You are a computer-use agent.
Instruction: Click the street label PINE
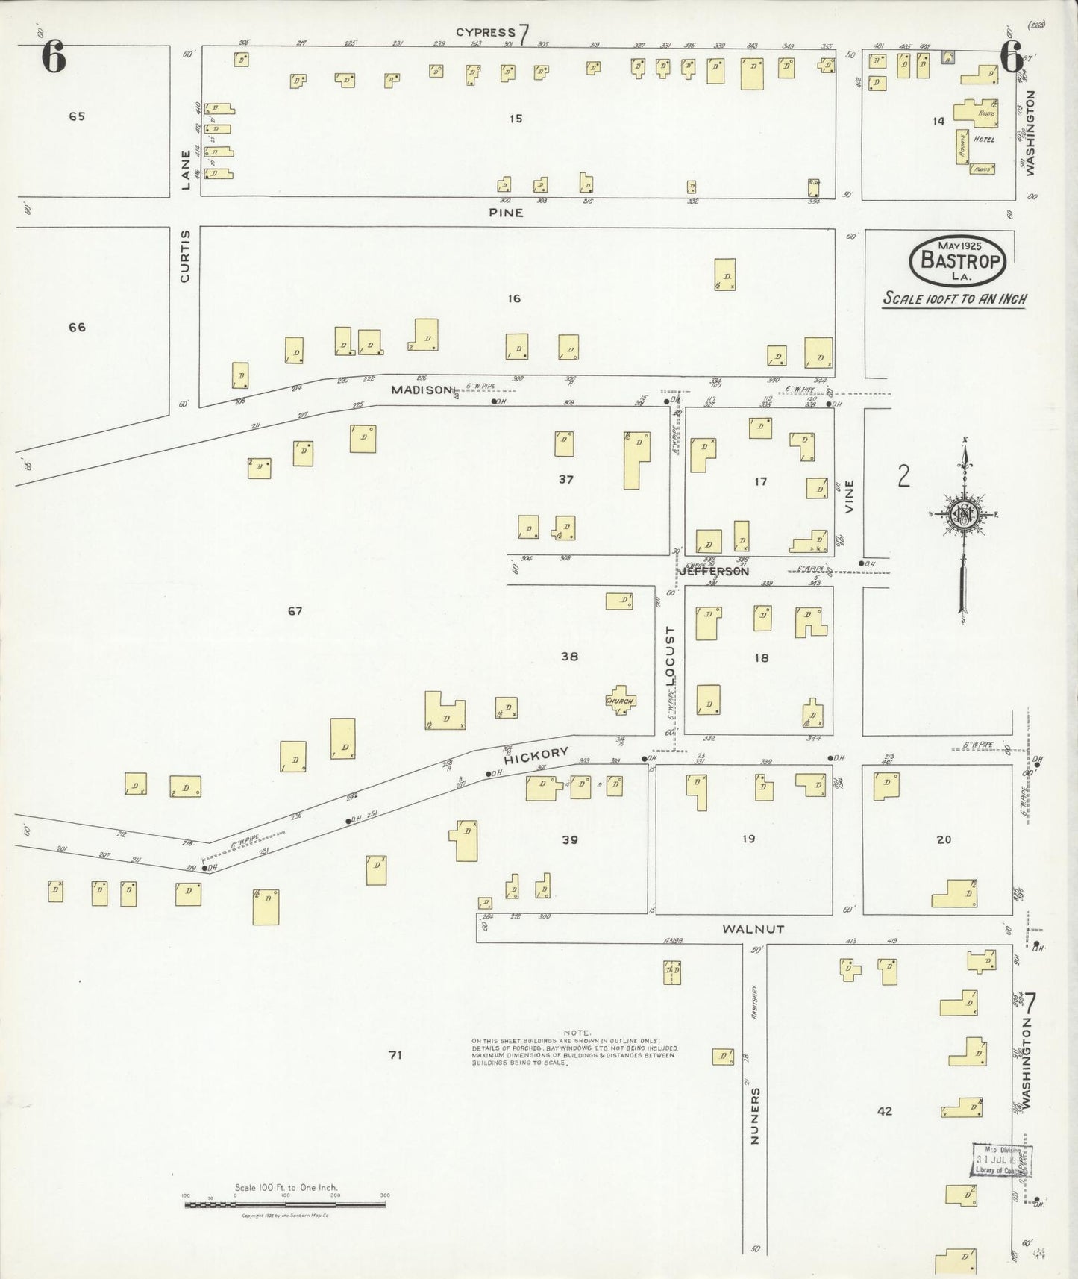click(506, 213)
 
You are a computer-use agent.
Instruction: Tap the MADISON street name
click(422, 390)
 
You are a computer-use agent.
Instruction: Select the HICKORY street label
click(536, 756)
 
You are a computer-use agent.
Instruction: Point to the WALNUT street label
click(753, 929)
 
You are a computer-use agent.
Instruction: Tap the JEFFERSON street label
click(714, 572)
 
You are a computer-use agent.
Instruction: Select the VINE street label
click(849, 495)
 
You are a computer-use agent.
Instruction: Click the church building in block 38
click(620, 701)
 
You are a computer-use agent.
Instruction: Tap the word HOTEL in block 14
click(984, 140)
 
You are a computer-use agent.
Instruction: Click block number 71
click(395, 1054)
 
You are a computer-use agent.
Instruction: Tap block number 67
click(295, 611)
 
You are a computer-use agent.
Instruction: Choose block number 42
click(884, 1111)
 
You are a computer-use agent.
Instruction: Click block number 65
click(77, 116)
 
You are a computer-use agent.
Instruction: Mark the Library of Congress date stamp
click(1000, 1160)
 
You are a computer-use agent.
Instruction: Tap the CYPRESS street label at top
click(486, 32)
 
